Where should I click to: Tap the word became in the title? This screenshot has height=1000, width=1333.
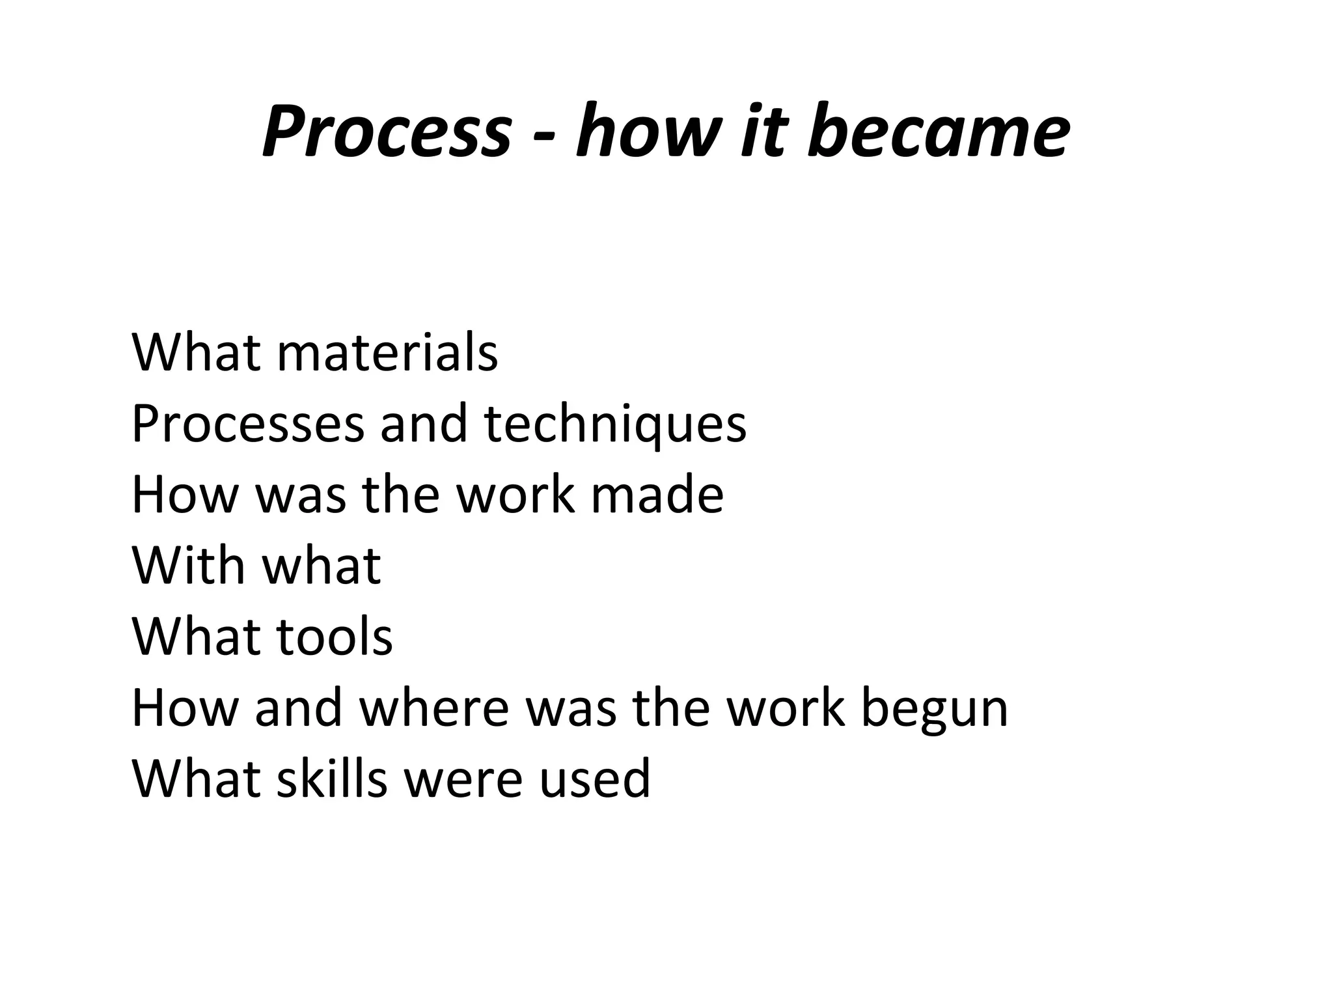point(938,132)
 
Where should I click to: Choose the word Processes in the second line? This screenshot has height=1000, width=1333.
point(248,424)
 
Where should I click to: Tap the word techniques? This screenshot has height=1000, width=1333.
point(615,424)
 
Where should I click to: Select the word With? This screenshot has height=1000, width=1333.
point(189,565)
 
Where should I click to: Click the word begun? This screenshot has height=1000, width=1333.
point(934,708)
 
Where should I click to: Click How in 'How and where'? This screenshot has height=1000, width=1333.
point(186,708)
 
